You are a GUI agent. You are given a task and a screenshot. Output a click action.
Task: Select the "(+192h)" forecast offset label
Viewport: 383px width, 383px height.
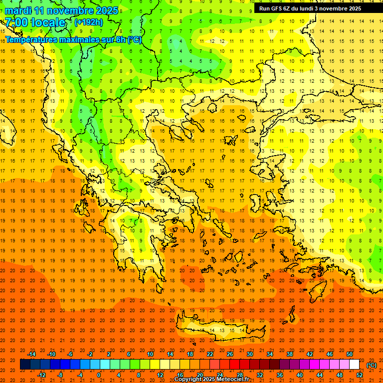tap(89, 22)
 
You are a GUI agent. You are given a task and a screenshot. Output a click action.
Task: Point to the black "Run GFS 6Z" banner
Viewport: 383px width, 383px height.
tap(314, 8)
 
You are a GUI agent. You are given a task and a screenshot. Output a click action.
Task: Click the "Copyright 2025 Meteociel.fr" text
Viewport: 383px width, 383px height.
tap(211, 380)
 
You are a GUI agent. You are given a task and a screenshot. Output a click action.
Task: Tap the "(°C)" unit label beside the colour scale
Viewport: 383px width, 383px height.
tap(372, 365)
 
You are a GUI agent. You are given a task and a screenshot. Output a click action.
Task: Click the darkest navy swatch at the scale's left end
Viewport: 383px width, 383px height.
tap(25, 365)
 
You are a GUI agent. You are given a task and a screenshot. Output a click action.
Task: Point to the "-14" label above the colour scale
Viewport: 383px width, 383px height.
tap(31, 354)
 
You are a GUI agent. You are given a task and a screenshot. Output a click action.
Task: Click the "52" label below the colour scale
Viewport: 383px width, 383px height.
tap(360, 375)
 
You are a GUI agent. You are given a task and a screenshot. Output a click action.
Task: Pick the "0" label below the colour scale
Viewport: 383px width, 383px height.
tap(99, 375)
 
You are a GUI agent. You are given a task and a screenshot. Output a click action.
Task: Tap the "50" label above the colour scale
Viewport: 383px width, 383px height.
tap(350, 354)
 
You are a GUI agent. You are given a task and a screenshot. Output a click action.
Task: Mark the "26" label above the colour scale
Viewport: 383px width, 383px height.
tap(230, 354)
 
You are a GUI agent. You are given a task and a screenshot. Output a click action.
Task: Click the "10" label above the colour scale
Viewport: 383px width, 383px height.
tap(150, 354)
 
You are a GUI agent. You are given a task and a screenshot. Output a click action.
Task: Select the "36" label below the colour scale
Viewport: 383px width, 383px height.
tap(280, 375)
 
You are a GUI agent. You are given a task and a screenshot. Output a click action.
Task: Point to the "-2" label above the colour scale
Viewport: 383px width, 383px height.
tap(90, 354)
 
